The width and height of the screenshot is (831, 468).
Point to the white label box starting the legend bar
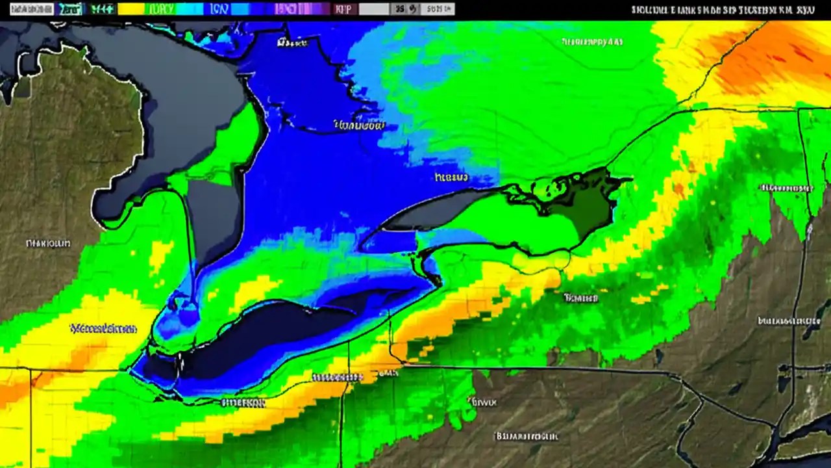27,9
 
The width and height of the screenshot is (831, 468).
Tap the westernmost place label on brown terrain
47,244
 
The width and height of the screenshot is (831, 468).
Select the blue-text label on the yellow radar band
104,328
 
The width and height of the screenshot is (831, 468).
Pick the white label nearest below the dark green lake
580,298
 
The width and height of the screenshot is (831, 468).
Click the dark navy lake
273,338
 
